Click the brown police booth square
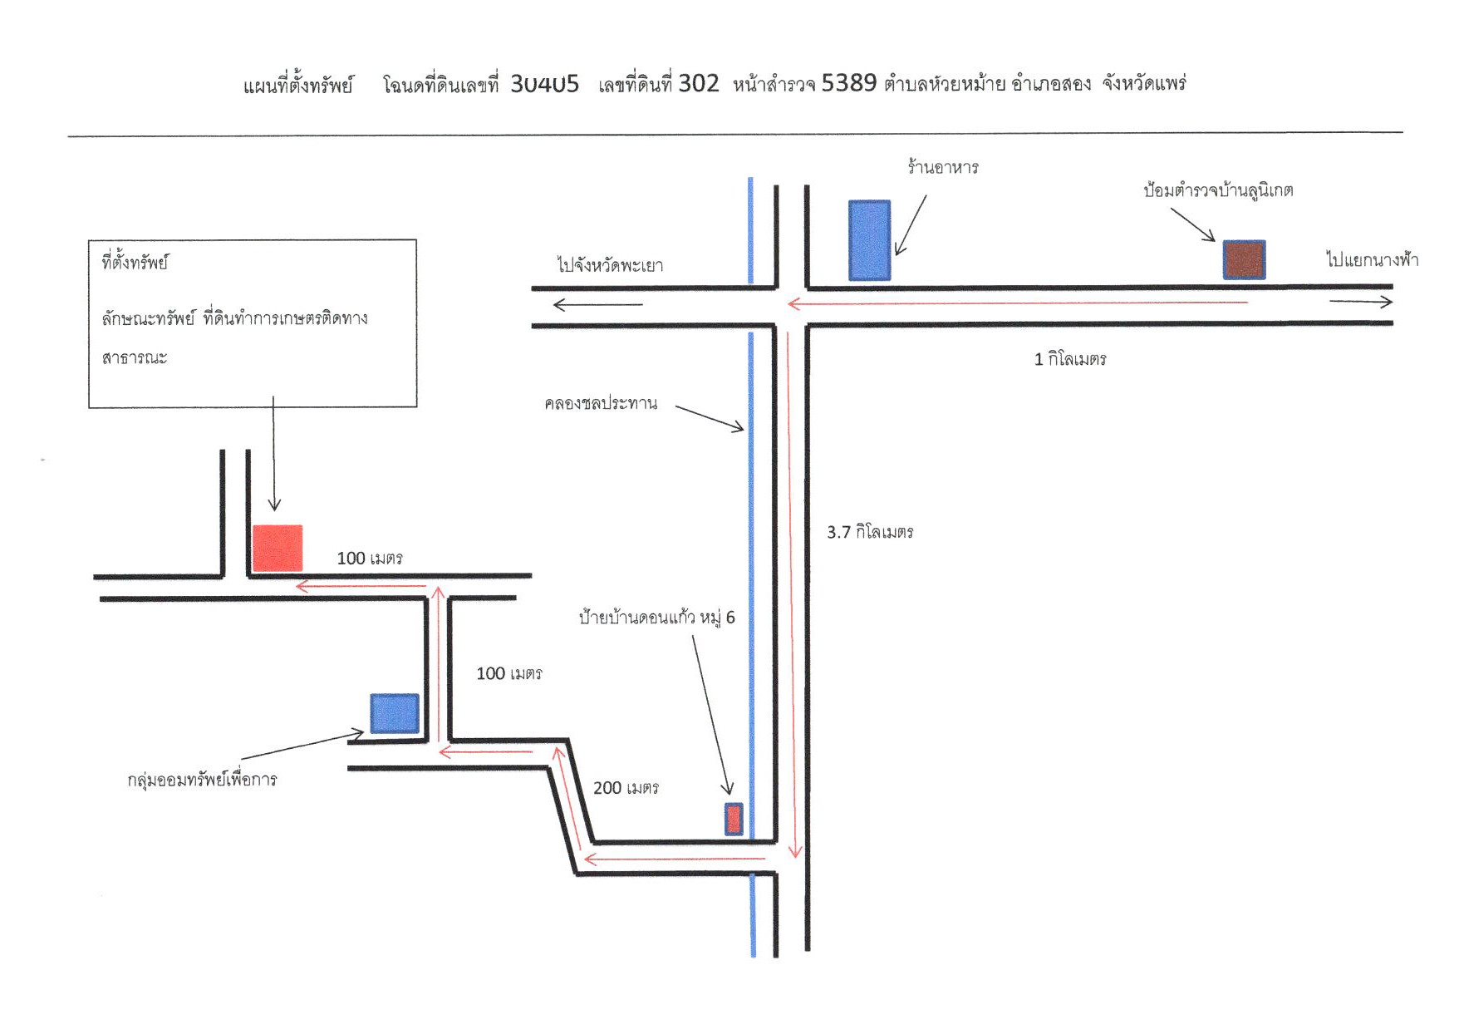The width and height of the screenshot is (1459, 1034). [1244, 260]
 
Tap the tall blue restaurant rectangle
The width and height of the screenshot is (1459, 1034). [869, 240]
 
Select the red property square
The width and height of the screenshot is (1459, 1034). [278, 548]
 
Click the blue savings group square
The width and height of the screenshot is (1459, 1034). [394, 713]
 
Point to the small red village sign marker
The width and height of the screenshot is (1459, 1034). [734, 819]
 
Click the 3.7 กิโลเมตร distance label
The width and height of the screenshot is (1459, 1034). [870, 532]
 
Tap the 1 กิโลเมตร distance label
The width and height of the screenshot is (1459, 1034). [1070, 359]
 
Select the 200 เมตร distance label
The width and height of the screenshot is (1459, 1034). [626, 788]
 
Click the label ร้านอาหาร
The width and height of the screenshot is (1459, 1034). [943, 167]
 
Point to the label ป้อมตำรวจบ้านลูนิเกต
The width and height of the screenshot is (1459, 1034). [1218, 190]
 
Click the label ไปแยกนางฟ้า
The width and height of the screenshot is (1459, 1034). [1373, 259]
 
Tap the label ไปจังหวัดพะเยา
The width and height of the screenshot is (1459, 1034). [610, 265]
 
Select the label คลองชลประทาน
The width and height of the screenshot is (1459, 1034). [601, 404]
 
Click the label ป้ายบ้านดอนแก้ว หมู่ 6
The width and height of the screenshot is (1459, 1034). [656, 618]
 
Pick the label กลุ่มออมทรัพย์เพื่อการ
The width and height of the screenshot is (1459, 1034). [202, 780]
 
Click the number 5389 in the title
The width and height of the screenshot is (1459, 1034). [849, 83]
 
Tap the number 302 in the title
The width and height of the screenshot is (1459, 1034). [699, 83]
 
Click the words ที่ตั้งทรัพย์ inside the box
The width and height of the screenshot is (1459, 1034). [135, 263]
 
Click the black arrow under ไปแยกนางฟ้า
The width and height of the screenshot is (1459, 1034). [1361, 302]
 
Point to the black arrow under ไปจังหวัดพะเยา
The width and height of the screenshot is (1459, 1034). [598, 305]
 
